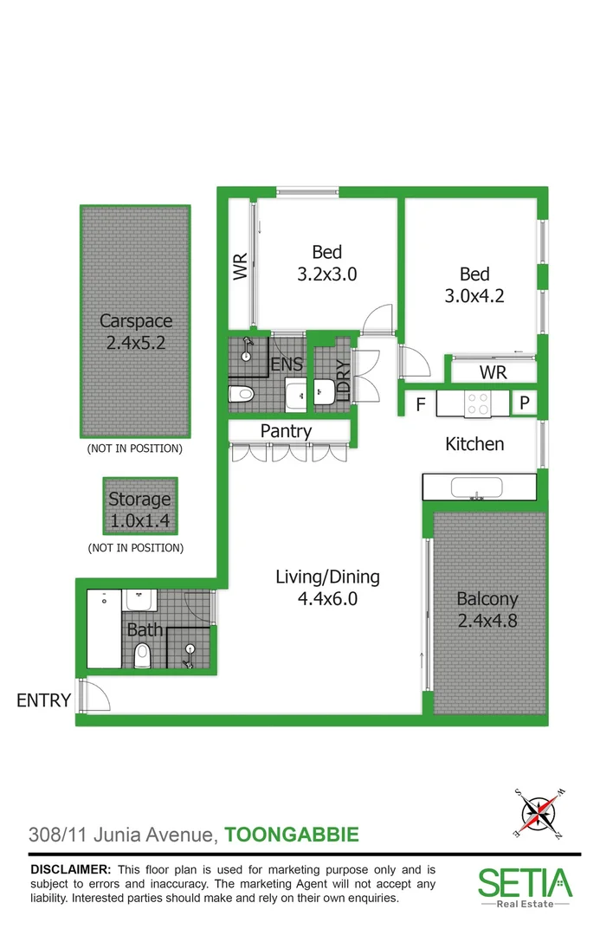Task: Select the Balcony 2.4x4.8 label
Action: point(487,609)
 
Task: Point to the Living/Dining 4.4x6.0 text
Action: point(327,587)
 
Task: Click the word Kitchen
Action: point(474,444)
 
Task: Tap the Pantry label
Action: point(286,431)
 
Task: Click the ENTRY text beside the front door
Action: point(43,700)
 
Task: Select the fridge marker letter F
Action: point(420,404)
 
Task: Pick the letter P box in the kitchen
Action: point(525,403)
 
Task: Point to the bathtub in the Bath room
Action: point(104,629)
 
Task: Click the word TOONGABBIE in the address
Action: point(291,835)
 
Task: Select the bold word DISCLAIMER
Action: point(70,869)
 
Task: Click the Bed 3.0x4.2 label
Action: point(474,285)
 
